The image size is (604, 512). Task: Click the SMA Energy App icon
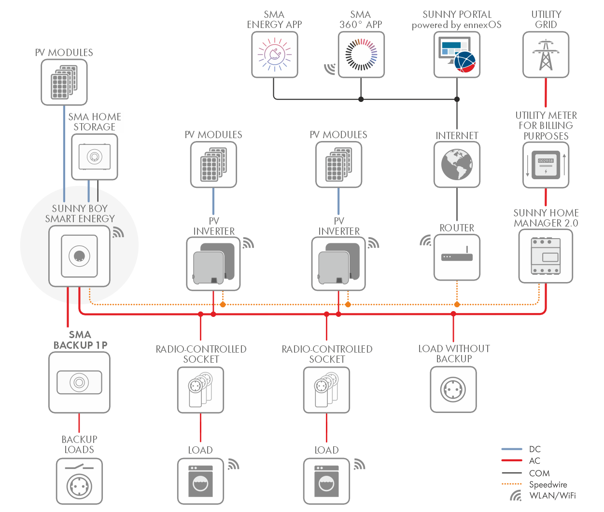[274, 55]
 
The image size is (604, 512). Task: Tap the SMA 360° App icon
[361, 55]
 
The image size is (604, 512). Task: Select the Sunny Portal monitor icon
[457, 55]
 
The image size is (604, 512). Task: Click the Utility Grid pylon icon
[546, 55]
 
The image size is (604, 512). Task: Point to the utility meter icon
[546, 165]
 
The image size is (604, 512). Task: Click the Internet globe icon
[457, 164]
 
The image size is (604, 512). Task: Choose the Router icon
[457, 257]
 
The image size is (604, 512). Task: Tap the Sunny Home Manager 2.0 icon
[546, 256]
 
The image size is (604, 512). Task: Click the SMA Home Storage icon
[95, 157]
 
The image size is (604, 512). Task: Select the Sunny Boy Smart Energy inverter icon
[79, 256]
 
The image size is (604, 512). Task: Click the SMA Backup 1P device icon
[79, 383]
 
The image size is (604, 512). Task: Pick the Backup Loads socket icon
[79, 482]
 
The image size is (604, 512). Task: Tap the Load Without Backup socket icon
[453, 389]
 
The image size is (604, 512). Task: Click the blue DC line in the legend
[512, 449]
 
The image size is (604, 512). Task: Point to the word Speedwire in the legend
[548, 484]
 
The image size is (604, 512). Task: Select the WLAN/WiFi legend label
[552, 496]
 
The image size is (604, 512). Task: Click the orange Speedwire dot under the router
[457, 304]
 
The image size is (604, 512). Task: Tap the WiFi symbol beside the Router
[425, 240]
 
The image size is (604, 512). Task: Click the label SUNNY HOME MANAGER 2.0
[546, 218]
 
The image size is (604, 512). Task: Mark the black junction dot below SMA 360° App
[361, 100]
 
